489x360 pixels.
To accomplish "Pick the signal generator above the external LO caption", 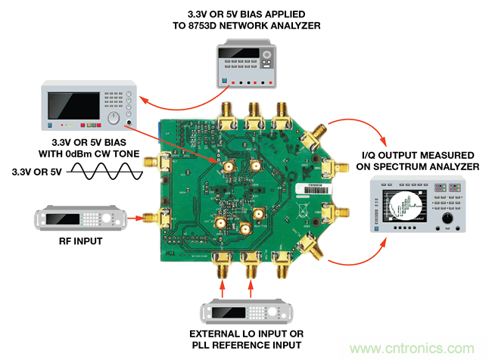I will pos(244,312).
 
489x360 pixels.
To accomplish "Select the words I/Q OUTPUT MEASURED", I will pos(416,155).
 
